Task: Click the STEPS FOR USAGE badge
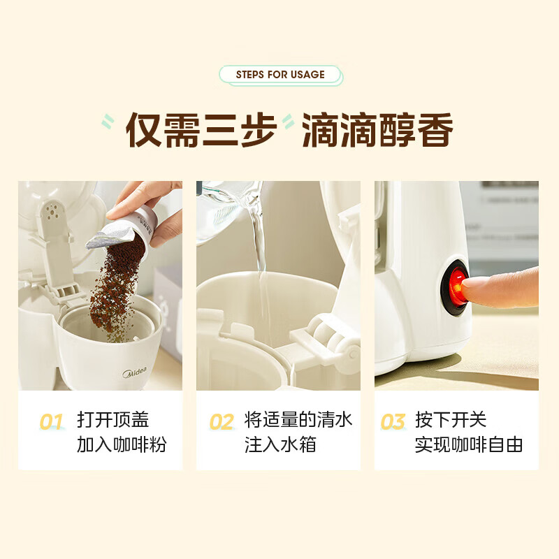280,75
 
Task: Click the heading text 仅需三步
201,129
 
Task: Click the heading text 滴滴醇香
377,129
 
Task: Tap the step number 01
51,422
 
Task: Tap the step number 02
222,422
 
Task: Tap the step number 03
393,422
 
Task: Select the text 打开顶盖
112,420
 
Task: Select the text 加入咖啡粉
122,445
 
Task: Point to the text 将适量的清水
298,420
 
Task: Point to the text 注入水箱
280,445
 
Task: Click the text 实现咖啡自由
468,445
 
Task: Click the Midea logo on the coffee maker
134,373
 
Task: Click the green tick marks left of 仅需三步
108,123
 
